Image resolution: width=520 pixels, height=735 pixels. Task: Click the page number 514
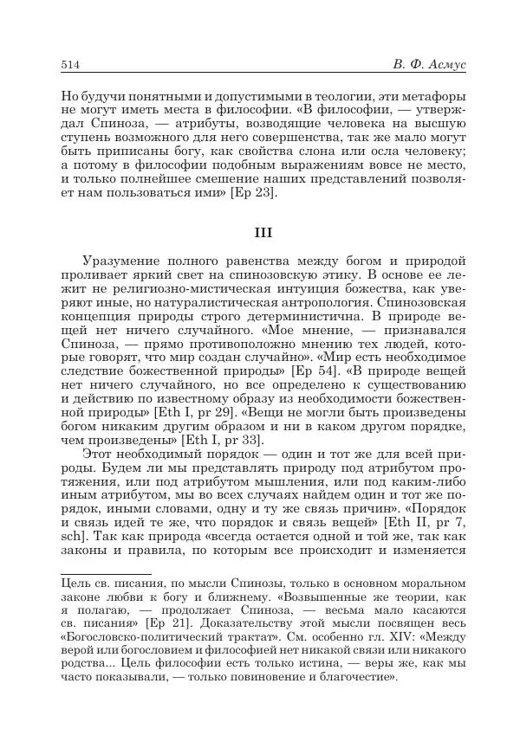70,64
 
